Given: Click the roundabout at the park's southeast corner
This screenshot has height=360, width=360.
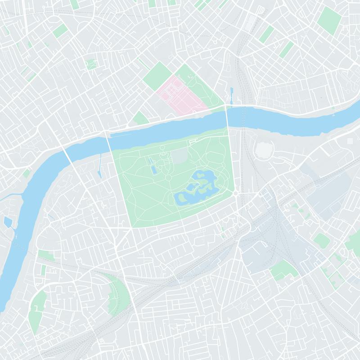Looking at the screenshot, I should pyautogui.click(x=235, y=193).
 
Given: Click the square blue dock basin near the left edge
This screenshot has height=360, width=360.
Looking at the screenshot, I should pyautogui.click(x=7, y=222).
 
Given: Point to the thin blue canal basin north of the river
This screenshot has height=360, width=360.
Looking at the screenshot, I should pyautogui.click(x=231, y=94).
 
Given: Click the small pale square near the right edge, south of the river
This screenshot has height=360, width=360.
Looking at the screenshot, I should pyautogui.click(x=350, y=141).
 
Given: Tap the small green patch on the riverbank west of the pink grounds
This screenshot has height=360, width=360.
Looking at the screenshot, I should pyautogui.click(x=140, y=118).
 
